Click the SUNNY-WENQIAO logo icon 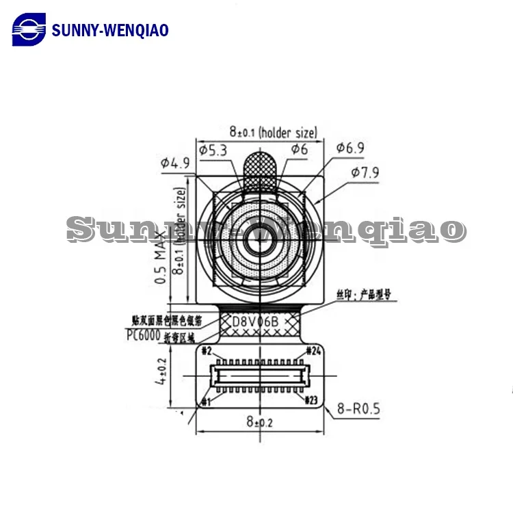[x=29, y=30]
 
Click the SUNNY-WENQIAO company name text [x=110, y=30]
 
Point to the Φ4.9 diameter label [x=175, y=163]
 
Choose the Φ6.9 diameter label [x=350, y=148]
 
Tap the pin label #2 [x=206, y=351]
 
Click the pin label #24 [x=313, y=351]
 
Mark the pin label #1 [x=206, y=402]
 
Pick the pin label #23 [x=312, y=399]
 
